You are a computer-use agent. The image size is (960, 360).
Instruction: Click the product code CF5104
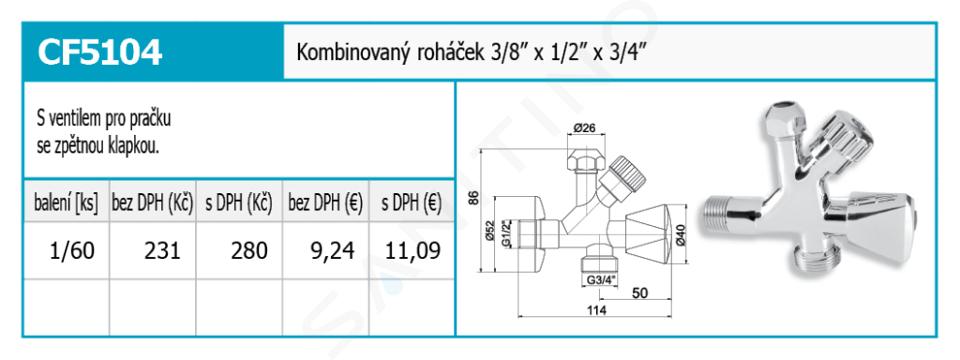(100, 53)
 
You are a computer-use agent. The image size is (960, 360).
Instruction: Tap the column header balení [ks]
(66, 202)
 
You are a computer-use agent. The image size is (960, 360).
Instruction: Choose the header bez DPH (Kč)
(152, 202)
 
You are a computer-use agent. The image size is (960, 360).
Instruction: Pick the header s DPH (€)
(411, 202)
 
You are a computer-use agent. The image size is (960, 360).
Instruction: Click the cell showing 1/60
(73, 250)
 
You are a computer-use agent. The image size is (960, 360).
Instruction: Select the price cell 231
(162, 250)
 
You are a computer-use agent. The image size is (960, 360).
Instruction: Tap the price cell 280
(249, 250)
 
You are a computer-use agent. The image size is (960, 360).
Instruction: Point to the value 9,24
(332, 250)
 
